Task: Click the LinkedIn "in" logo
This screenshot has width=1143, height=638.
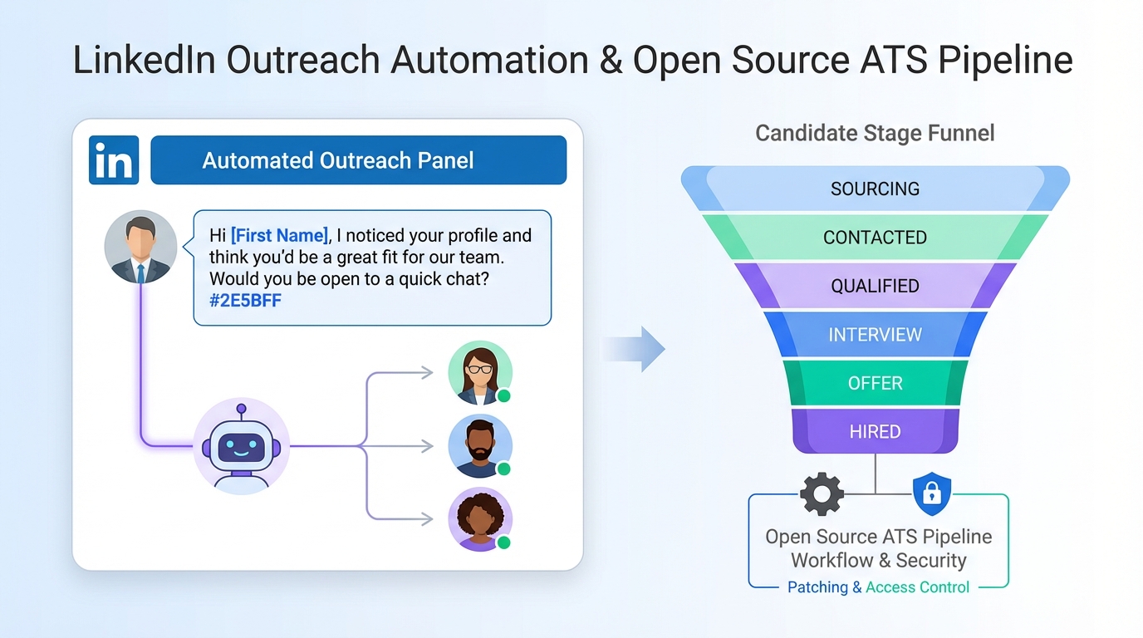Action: coord(113,160)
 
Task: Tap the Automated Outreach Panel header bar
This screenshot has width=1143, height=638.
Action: coord(358,160)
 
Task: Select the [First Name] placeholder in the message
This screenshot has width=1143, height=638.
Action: coord(280,235)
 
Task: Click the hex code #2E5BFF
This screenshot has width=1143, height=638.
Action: coord(245,301)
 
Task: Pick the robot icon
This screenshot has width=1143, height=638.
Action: coord(241,446)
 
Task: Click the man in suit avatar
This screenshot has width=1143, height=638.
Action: coord(140,247)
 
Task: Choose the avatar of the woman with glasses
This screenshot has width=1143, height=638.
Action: coord(479,373)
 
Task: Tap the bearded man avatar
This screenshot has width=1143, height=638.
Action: coord(479,446)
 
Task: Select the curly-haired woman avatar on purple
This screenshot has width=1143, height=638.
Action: coord(479,519)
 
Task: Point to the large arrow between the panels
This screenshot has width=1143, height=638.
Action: coord(635,349)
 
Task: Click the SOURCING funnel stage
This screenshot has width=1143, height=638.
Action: coord(875,189)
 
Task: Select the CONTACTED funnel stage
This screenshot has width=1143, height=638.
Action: coord(875,238)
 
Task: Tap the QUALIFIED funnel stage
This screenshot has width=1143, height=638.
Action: coord(875,286)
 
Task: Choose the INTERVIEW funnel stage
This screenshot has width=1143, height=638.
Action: coord(875,335)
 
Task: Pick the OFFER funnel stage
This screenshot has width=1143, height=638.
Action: coord(875,383)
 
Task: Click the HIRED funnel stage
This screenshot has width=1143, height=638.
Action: coord(875,432)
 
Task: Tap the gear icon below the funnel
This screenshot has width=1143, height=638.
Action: coord(822,494)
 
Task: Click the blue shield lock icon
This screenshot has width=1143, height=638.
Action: coord(932,494)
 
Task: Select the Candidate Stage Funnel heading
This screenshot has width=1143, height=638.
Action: coord(875,133)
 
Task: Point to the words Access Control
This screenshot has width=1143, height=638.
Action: coord(917,587)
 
